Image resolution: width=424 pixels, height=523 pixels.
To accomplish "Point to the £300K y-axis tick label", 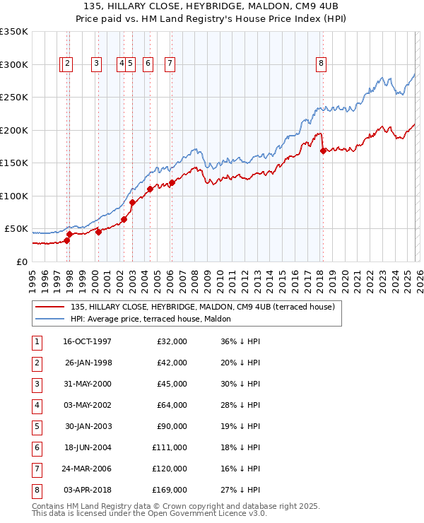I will (x=14, y=64).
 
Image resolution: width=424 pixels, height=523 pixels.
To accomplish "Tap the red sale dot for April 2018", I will (x=323, y=150).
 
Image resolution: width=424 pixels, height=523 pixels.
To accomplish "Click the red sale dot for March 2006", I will (x=172, y=182).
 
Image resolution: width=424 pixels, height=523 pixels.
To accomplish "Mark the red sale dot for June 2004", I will (x=150, y=189).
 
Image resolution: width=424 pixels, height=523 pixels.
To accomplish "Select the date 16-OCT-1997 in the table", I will (x=87, y=341).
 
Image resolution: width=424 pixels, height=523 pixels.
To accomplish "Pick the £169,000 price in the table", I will (x=170, y=490).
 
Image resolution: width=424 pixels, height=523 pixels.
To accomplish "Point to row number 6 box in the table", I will (x=36, y=447).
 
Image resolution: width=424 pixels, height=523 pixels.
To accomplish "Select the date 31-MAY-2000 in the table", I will (x=87, y=384).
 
